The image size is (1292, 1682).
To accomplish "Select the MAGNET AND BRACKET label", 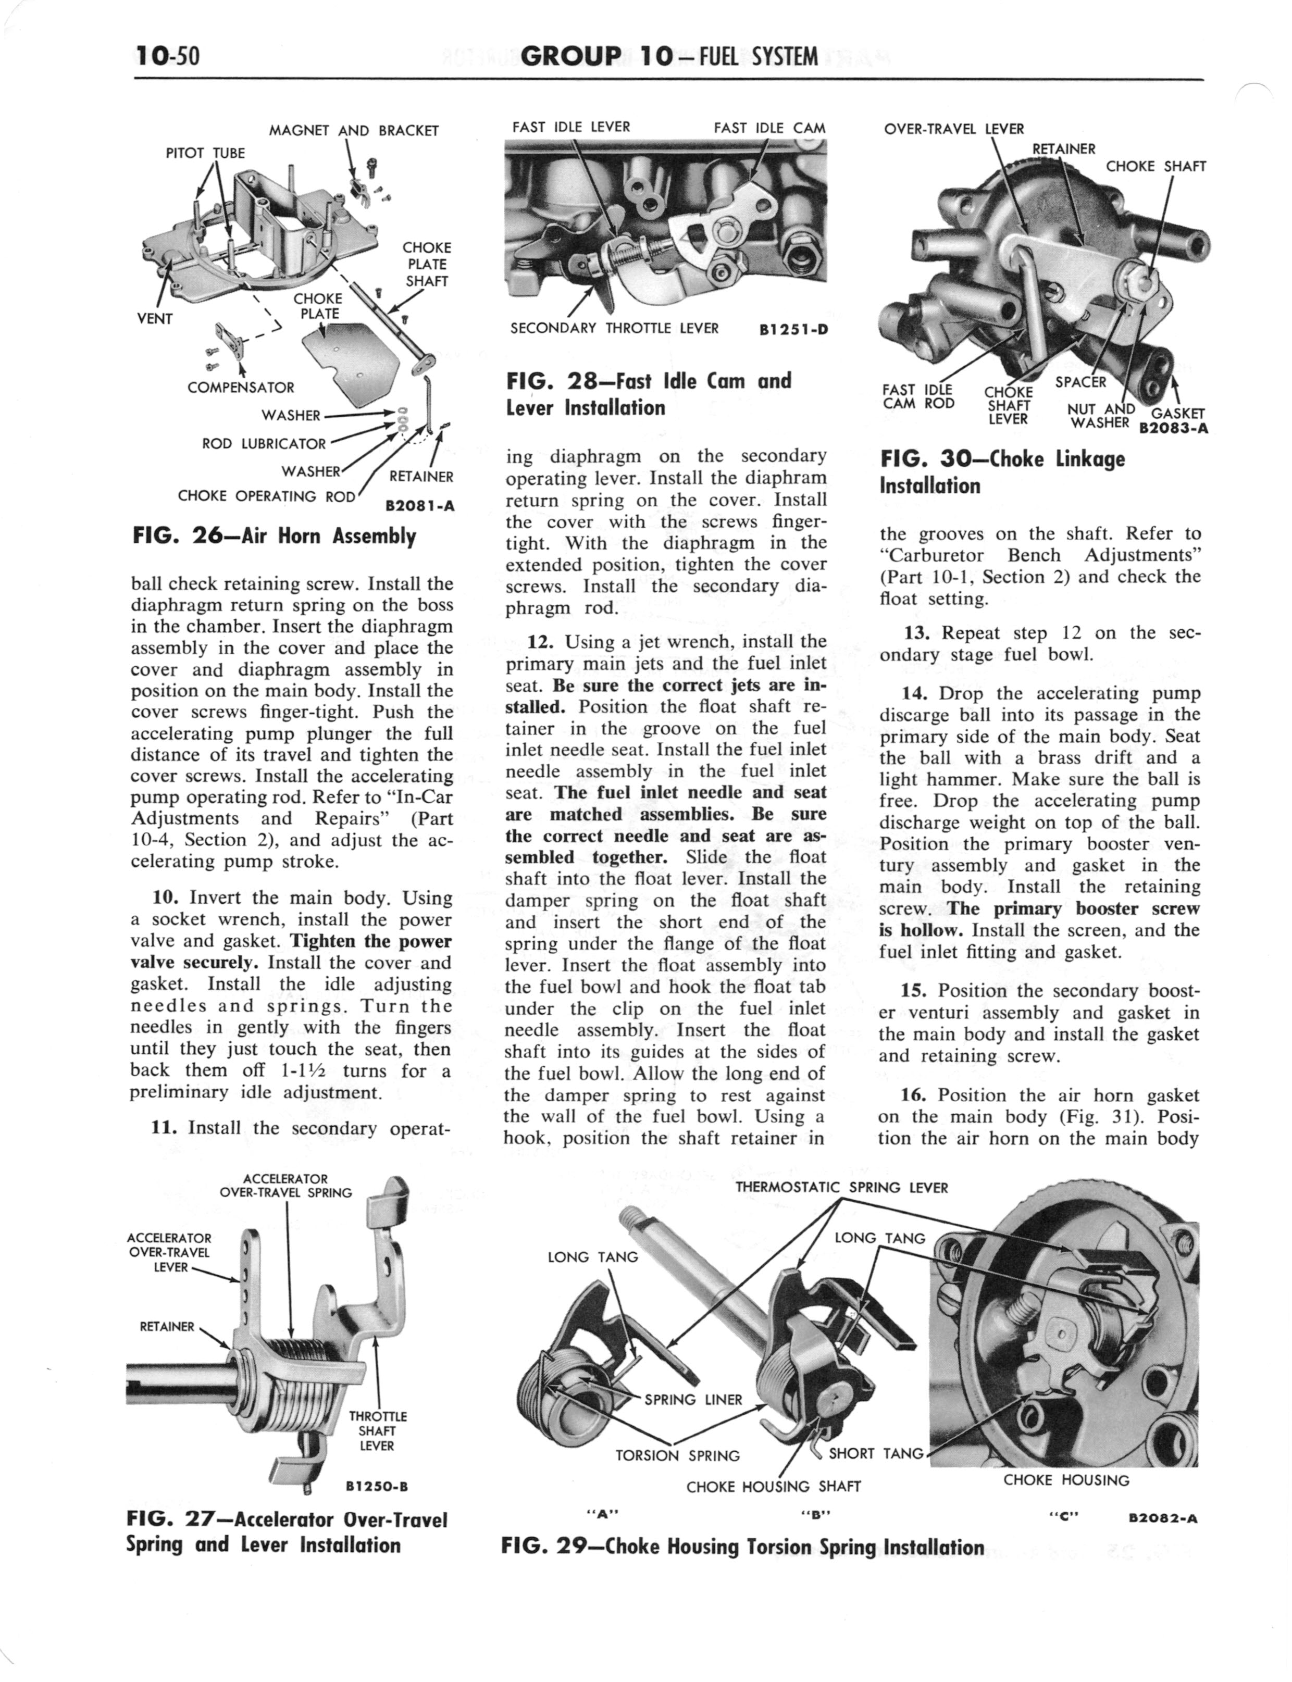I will [354, 131].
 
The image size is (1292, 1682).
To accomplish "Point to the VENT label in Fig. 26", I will [155, 318].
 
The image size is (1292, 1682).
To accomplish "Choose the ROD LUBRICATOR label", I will [264, 444].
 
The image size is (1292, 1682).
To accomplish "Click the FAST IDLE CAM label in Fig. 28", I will [769, 128].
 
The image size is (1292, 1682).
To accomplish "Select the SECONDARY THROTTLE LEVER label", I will [614, 328].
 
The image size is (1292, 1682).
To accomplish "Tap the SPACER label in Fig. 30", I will [1080, 382].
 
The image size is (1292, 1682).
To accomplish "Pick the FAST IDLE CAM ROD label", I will [918, 397].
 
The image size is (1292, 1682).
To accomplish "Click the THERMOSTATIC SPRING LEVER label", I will [841, 1187].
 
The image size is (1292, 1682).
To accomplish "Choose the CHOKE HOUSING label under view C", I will [1066, 1480].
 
